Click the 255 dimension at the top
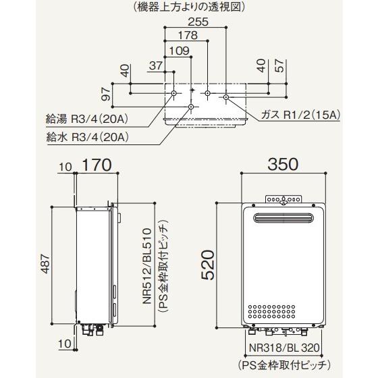coord(198,22)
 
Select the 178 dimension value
coord(188,35)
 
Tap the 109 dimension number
coord(180,51)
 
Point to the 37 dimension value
coord(156,65)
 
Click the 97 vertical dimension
coord(107,94)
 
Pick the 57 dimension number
coord(279,65)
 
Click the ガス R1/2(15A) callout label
coord(300,115)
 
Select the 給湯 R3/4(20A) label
coord(87,119)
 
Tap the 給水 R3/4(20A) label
coord(87,138)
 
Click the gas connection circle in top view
coord(226,97)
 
